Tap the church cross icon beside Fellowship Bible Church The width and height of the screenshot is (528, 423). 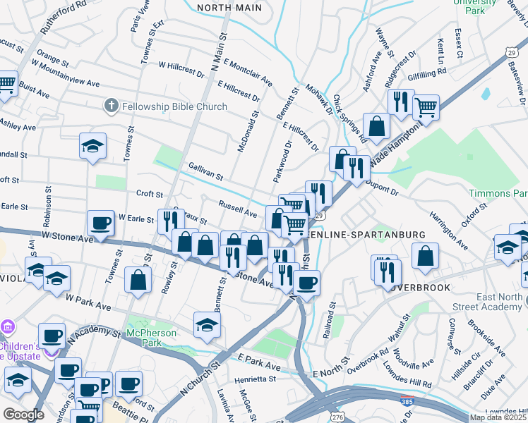[x=110, y=106]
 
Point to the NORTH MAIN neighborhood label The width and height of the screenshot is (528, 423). [x=229, y=8]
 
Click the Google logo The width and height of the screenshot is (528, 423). [x=23, y=415]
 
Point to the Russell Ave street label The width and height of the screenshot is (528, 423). [x=237, y=210]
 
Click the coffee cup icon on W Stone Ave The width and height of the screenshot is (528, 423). [x=100, y=223]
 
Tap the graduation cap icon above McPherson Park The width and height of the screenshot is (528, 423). [x=206, y=324]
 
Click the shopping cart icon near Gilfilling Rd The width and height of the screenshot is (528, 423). [x=426, y=108]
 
